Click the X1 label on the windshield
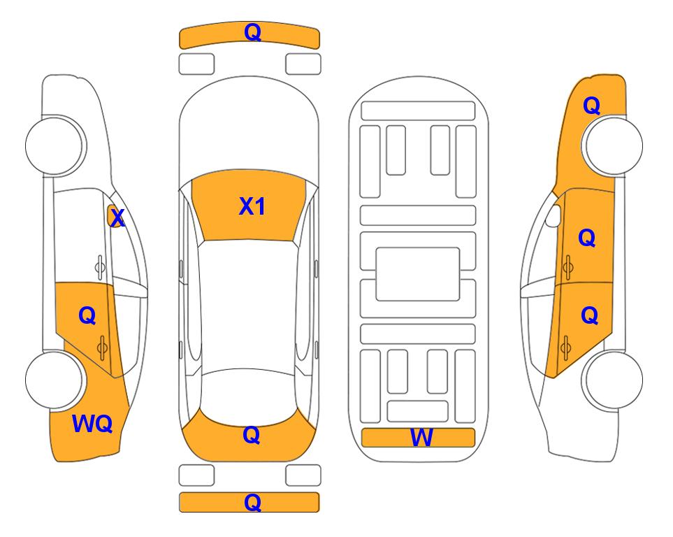252,206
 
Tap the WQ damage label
92,423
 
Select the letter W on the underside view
421,438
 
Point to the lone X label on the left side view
117,218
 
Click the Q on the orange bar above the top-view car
252,32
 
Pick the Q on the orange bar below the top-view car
252,502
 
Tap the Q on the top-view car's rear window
251,435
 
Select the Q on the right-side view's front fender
591,106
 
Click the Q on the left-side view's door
87,315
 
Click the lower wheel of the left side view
55,380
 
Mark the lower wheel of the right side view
613,380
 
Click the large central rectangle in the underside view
418,273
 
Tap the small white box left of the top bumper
196,64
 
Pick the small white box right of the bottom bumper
303,475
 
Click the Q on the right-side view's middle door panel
587,238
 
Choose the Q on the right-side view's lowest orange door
589,316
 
